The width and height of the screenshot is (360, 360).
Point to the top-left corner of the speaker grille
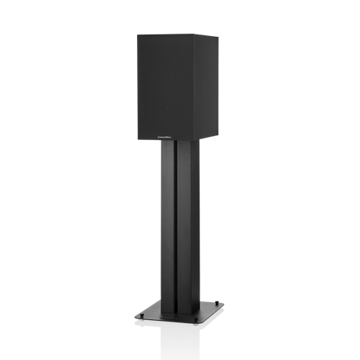[x=137, y=32]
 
